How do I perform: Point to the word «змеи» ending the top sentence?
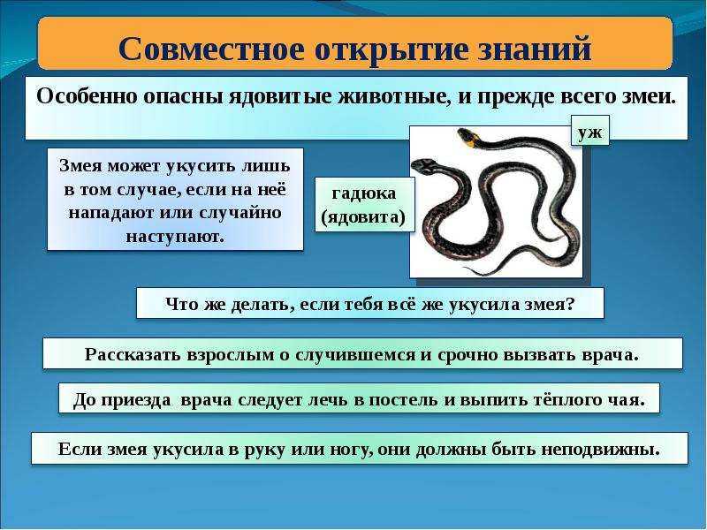coord(650,96)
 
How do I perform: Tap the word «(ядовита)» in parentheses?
coord(362,216)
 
